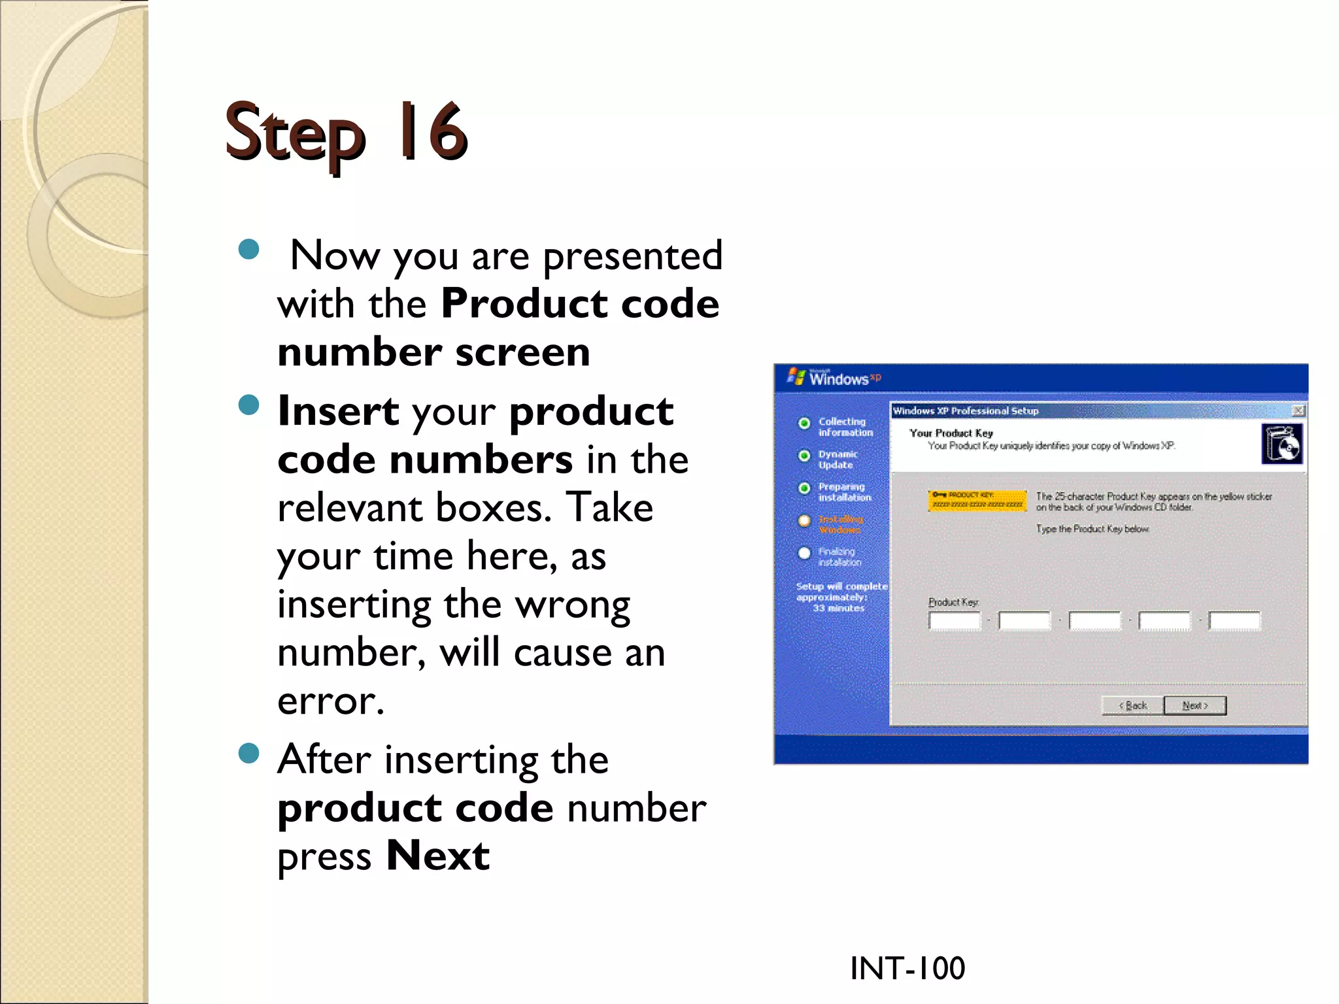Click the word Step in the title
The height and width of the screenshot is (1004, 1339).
294,134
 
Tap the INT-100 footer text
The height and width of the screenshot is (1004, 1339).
907,968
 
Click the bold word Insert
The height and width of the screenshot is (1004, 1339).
338,411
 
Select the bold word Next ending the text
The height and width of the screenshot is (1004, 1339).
437,856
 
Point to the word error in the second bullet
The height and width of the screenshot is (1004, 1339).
330,701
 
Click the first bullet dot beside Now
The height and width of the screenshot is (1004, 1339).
249,249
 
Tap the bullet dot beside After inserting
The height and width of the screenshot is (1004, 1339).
249,754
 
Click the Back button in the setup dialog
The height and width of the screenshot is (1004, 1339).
1132,705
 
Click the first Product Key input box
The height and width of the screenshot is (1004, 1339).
955,620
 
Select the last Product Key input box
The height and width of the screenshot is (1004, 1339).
1234,620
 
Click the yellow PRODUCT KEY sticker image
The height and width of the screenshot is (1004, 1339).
977,501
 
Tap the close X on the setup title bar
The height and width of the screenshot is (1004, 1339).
1298,410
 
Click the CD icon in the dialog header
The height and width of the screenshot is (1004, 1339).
1281,444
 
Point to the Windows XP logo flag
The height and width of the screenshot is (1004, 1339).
796,376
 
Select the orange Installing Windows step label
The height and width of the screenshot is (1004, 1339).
841,524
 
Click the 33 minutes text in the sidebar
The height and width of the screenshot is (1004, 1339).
838,608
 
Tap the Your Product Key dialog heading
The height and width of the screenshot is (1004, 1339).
951,433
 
